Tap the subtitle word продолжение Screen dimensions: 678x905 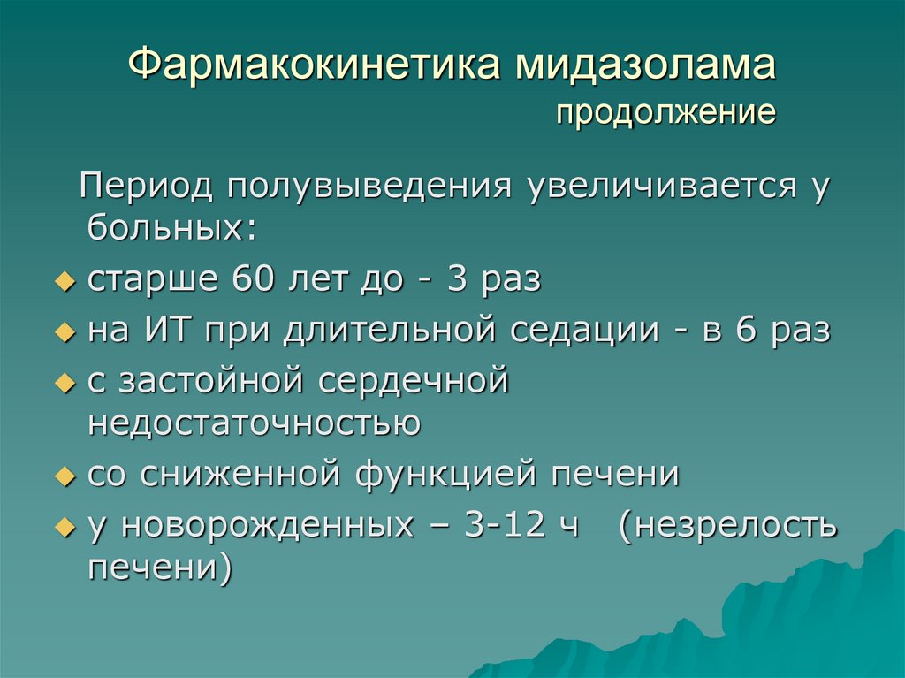(x=666, y=113)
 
